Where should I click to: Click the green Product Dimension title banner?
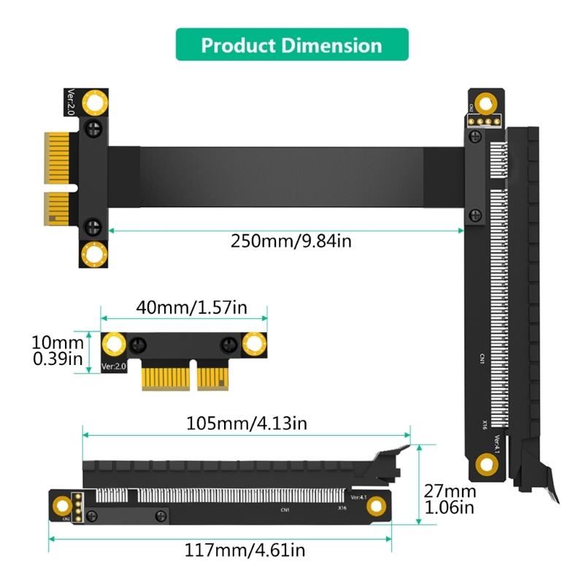pos(291,45)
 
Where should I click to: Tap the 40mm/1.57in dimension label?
pos(191,307)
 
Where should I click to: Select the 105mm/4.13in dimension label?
pos(247,423)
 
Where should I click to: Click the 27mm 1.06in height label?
pos(450,499)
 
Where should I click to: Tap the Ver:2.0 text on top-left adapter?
pos(71,103)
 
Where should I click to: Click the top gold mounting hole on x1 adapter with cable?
pos(94,102)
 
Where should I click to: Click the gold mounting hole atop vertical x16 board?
pos(484,101)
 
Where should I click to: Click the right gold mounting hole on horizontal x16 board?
pos(376,506)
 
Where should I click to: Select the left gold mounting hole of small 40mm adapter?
pos(114,344)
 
